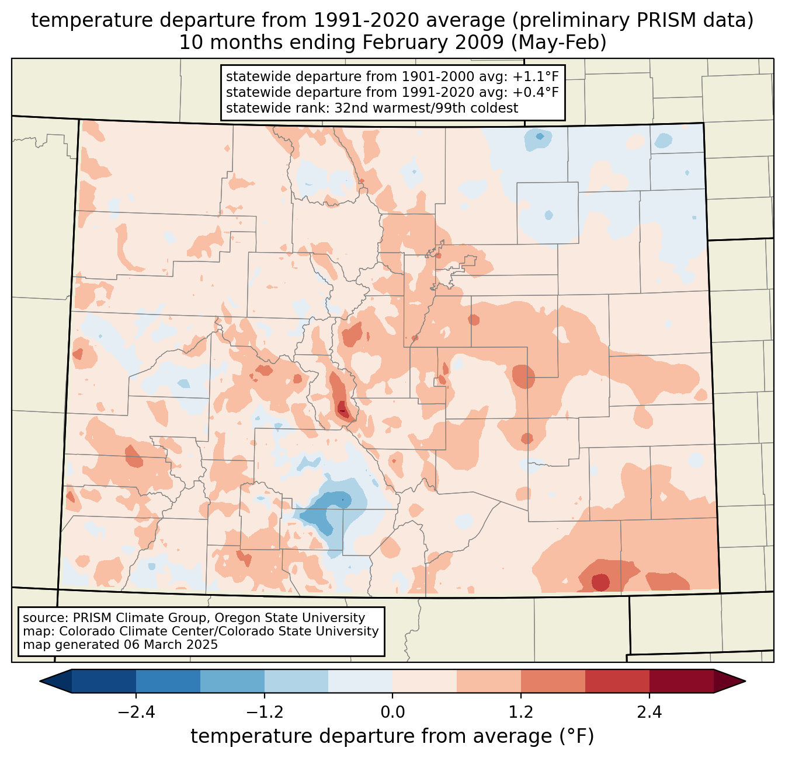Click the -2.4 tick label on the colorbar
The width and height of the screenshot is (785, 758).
coord(136,712)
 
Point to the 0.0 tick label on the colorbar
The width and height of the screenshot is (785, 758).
coord(392,712)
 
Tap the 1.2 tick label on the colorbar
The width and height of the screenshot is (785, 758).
coord(521,712)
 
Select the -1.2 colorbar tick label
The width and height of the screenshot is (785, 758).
coord(264,712)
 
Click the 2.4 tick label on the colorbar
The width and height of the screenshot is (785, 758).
coord(649,712)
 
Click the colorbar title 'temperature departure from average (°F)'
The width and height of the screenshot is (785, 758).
coord(392,736)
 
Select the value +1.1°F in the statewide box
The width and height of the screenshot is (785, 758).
coord(536,77)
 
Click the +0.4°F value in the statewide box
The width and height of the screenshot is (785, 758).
coord(536,92)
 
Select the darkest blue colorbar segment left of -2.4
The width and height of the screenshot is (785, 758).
coord(104,681)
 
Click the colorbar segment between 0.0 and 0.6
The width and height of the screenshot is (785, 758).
coord(425,681)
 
